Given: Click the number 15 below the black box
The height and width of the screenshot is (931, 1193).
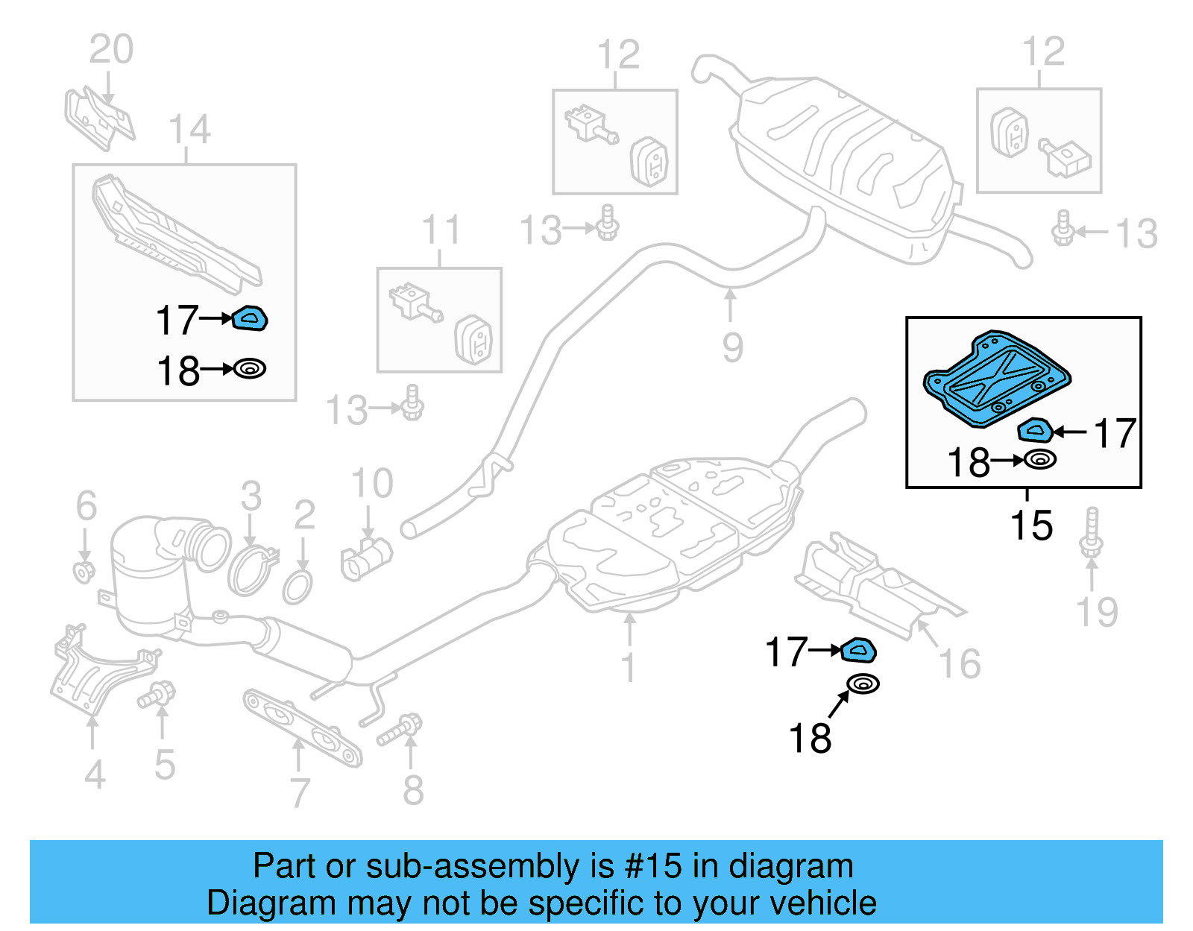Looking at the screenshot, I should tap(1031, 526).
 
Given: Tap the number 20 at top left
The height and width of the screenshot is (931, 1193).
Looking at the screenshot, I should tap(111, 50).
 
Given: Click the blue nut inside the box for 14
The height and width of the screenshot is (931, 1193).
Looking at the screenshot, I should tap(251, 318).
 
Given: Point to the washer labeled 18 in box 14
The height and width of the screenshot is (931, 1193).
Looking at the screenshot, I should tap(250, 369).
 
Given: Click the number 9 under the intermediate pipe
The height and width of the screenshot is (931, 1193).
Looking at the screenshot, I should tap(732, 348).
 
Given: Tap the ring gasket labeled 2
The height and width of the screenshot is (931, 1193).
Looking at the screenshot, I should tap(298, 587).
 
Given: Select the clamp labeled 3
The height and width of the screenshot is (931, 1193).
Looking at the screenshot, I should tap(251, 570).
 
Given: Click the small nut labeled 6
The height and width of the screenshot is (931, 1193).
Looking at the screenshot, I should tap(84, 572).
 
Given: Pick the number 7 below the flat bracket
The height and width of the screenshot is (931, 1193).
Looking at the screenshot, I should tap(299, 792).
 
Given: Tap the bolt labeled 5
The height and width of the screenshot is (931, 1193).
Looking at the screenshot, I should tap(157, 695).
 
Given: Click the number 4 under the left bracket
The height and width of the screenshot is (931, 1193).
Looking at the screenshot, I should tap(95, 775).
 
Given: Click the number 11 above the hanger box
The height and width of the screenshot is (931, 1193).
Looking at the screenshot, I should tap(441, 230).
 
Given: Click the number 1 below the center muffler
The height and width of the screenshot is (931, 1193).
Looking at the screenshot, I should tap(629, 667).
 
